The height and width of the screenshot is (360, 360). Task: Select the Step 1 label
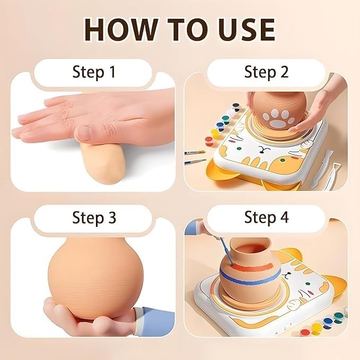94,72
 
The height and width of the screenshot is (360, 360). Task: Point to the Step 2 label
266,72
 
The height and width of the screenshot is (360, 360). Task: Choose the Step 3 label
94,217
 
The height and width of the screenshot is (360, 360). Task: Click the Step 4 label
266,217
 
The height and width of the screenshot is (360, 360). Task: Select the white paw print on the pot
279,118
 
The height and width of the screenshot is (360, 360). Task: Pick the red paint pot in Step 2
209,141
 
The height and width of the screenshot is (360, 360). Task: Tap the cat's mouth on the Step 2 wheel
261,149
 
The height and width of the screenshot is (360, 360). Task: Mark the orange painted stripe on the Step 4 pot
252,267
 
